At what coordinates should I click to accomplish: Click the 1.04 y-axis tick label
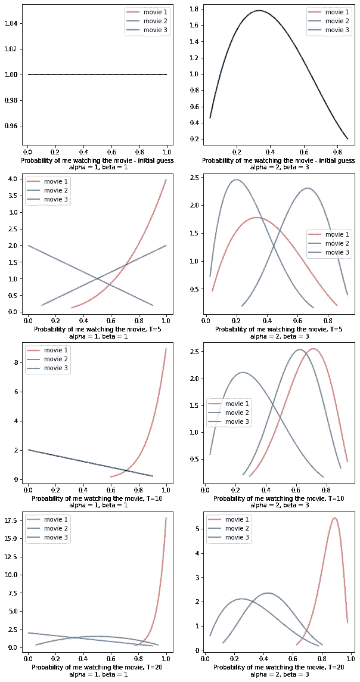click(x=13, y=23)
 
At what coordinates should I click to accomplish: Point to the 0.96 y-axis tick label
click(x=13, y=126)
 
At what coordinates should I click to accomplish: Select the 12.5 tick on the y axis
click(x=13, y=557)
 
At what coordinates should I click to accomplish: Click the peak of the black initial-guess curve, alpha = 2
click(x=259, y=10)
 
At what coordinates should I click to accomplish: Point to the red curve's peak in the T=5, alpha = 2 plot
click(x=257, y=218)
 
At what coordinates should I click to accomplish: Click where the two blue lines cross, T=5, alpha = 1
click(x=97, y=278)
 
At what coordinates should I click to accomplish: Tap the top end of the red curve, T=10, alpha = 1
click(x=166, y=349)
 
